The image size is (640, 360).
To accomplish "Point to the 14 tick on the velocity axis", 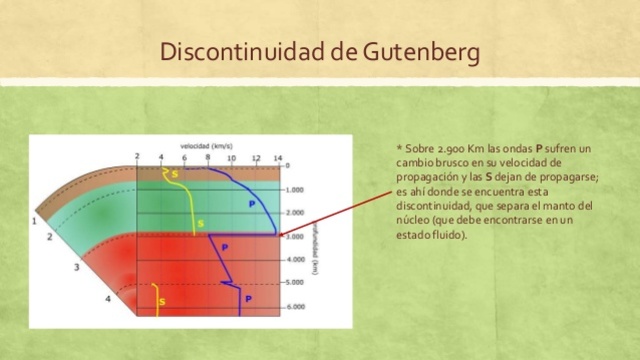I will pos(278,158).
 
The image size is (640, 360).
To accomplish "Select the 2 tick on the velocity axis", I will pos(138,158).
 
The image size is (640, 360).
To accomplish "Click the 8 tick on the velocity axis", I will pos(208,158).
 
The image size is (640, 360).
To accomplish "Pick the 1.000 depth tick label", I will pos(294,189).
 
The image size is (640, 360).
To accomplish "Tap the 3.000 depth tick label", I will pos(294,236).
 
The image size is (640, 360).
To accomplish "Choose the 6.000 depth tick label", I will pos(294,306).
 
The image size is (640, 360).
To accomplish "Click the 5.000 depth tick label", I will pos(294,283).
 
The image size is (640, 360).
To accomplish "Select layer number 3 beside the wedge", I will pos(76,269).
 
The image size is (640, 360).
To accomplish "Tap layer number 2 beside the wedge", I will pos(49,237).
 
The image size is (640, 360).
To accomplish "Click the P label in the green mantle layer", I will pos(251,203).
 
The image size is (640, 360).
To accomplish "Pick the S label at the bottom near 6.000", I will pos(163,301).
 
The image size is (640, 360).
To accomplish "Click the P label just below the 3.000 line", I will pos(224,247).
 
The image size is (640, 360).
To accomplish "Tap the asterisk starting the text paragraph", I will pos(400,151).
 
